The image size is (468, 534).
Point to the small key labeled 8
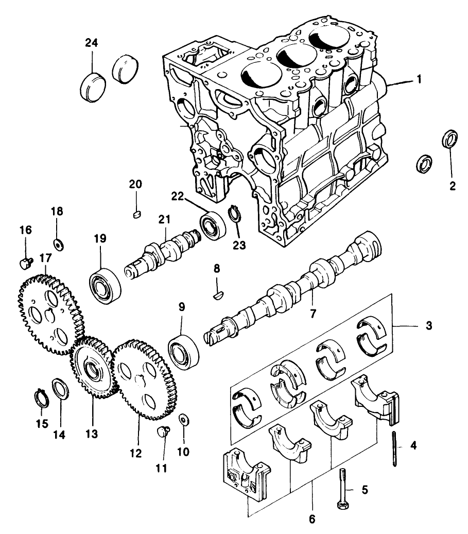point(217,295)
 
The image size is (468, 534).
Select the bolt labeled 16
point(24,264)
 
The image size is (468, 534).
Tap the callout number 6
point(313,518)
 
